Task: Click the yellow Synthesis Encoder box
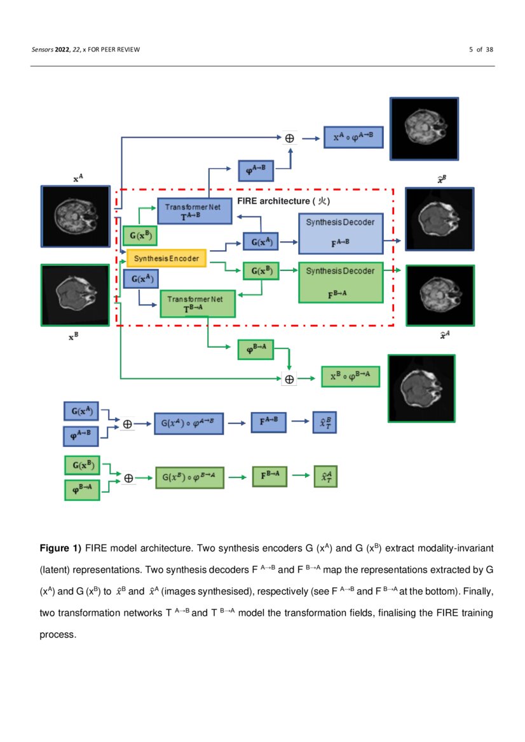point(167,258)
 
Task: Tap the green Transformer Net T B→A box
point(198,303)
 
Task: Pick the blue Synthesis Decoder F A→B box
point(340,233)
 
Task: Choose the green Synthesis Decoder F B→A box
point(340,281)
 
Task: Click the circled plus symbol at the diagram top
point(290,138)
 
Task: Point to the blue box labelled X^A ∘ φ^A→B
point(354,138)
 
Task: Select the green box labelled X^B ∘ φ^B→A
point(350,377)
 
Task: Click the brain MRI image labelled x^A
point(76,216)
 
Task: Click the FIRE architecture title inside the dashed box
point(285,201)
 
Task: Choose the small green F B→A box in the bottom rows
point(270,475)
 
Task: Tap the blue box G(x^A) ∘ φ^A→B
point(189,422)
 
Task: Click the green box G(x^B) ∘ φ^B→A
point(189,477)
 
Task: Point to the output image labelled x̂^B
point(440,219)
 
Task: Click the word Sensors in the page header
point(43,50)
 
